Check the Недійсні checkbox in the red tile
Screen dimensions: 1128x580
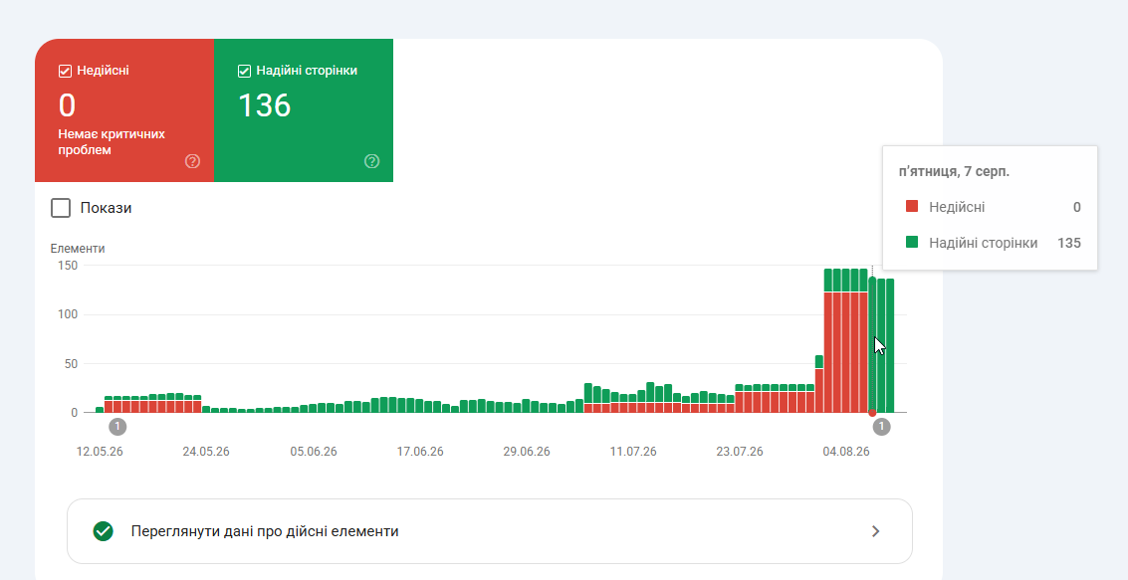(x=65, y=72)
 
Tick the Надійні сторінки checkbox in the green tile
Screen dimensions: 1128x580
(x=244, y=72)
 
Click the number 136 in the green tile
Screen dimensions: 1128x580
(x=264, y=105)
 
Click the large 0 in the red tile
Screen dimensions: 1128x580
(x=67, y=105)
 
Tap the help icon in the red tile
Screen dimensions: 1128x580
(x=192, y=161)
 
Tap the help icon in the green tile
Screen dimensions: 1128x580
(x=372, y=161)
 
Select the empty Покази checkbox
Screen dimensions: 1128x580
(x=61, y=209)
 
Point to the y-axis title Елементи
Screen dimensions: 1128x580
(x=78, y=249)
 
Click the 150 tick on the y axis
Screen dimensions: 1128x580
(x=68, y=266)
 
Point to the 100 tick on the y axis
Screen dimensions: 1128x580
(x=68, y=314)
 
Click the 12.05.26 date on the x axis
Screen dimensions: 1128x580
(x=100, y=452)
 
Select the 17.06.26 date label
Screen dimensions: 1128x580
(x=420, y=452)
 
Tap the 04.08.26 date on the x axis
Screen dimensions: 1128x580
(x=846, y=452)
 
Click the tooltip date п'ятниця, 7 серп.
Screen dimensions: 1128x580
(x=955, y=172)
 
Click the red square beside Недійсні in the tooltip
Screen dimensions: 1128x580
(x=912, y=207)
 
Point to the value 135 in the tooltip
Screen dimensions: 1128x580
(x=1069, y=243)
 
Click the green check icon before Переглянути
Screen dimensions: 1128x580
(x=103, y=532)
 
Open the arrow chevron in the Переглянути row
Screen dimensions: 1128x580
(x=875, y=532)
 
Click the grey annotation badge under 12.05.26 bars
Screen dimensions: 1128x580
(x=118, y=427)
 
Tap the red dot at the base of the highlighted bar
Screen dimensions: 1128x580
(x=872, y=413)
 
